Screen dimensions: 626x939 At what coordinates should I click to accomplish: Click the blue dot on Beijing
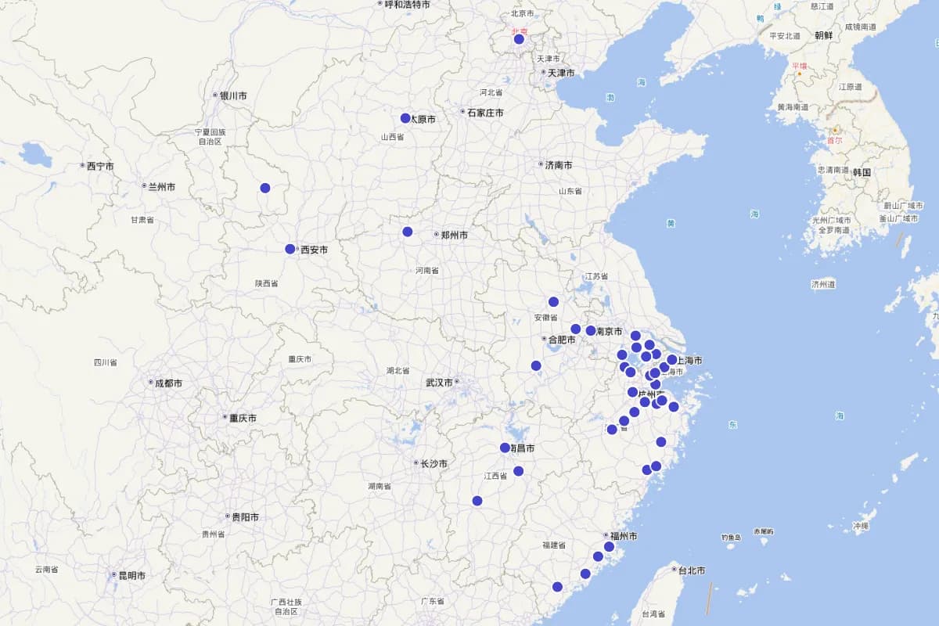519,39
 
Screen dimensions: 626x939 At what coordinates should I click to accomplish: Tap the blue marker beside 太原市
405,118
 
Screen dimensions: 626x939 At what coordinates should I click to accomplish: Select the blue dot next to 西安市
290,249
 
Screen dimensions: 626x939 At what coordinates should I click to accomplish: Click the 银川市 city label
232,95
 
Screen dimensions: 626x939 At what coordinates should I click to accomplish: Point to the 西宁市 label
99,166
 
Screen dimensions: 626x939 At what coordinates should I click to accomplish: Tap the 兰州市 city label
160,186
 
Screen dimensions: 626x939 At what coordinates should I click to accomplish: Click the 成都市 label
167,383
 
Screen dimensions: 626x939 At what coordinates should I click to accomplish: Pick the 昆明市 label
131,575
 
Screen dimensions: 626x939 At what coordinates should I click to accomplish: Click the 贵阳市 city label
244,517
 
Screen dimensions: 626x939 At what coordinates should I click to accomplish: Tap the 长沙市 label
434,463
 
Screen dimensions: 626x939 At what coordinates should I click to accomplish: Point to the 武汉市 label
439,383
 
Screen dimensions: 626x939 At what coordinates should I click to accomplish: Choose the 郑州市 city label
454,235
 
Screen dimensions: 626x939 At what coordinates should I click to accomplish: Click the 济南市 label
558,165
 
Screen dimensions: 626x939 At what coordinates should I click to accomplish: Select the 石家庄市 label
484,113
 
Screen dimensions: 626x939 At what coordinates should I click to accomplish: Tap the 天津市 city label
560,73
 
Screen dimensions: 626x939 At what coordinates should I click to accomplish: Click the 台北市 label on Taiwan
692,570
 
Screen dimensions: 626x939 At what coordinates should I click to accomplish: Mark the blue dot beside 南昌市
505,448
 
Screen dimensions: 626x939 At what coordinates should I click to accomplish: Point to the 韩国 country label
862,172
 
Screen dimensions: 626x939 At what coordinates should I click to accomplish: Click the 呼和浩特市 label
407,4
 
